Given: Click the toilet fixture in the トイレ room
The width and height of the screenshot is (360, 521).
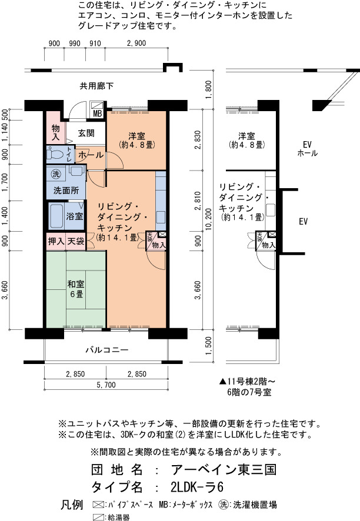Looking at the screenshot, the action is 55,154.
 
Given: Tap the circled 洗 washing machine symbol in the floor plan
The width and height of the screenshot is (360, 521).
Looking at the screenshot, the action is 56,173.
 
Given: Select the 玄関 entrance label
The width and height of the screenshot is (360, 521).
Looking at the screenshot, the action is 86,133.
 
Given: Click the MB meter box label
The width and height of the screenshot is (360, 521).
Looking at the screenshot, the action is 98,113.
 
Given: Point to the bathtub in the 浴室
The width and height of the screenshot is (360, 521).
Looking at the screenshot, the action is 56,216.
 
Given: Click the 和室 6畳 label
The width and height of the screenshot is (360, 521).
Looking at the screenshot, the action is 76,289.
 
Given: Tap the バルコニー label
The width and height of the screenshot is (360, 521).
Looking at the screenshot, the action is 107,350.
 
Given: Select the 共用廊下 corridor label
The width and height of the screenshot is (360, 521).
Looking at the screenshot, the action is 96,86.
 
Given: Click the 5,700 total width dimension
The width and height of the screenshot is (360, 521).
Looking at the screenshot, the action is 106,385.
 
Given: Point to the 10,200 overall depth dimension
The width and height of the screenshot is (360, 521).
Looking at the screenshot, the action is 208,219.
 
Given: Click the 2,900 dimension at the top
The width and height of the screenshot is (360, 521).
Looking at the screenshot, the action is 136,43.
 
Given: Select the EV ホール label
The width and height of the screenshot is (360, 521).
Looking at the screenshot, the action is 307,149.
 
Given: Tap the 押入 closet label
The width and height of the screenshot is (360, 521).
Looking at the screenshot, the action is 56,241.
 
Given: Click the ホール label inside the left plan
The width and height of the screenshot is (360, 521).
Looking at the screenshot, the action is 91,155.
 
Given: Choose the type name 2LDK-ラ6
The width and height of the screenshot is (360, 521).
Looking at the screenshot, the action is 197,487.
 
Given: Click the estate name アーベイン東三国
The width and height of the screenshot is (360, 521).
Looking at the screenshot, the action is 224,469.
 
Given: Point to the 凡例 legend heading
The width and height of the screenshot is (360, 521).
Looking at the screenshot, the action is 72,505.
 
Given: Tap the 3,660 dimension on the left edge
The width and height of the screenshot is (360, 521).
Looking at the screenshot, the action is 5,290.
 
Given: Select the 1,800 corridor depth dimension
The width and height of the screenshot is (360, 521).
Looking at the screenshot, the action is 208,90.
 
